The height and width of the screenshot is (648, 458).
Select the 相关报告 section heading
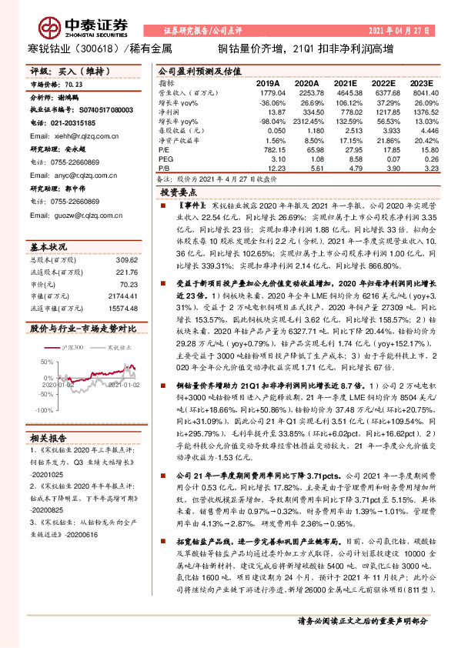51,437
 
